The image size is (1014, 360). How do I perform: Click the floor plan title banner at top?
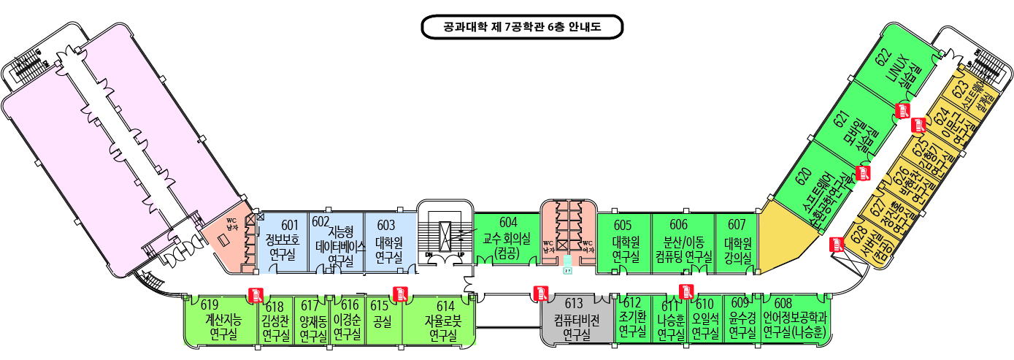point(522,27)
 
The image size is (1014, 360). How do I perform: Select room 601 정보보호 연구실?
point(282,241)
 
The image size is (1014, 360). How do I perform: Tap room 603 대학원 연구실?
point(388,241)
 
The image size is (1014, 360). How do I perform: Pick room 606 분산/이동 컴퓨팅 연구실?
point(683,241)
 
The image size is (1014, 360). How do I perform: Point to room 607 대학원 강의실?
point(737,241)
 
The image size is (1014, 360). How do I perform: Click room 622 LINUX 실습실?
point(897,73)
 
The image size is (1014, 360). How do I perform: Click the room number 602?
point(320,221)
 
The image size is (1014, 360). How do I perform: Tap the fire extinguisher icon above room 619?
point(256,294)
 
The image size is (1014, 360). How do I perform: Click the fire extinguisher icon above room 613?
point(540,293)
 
